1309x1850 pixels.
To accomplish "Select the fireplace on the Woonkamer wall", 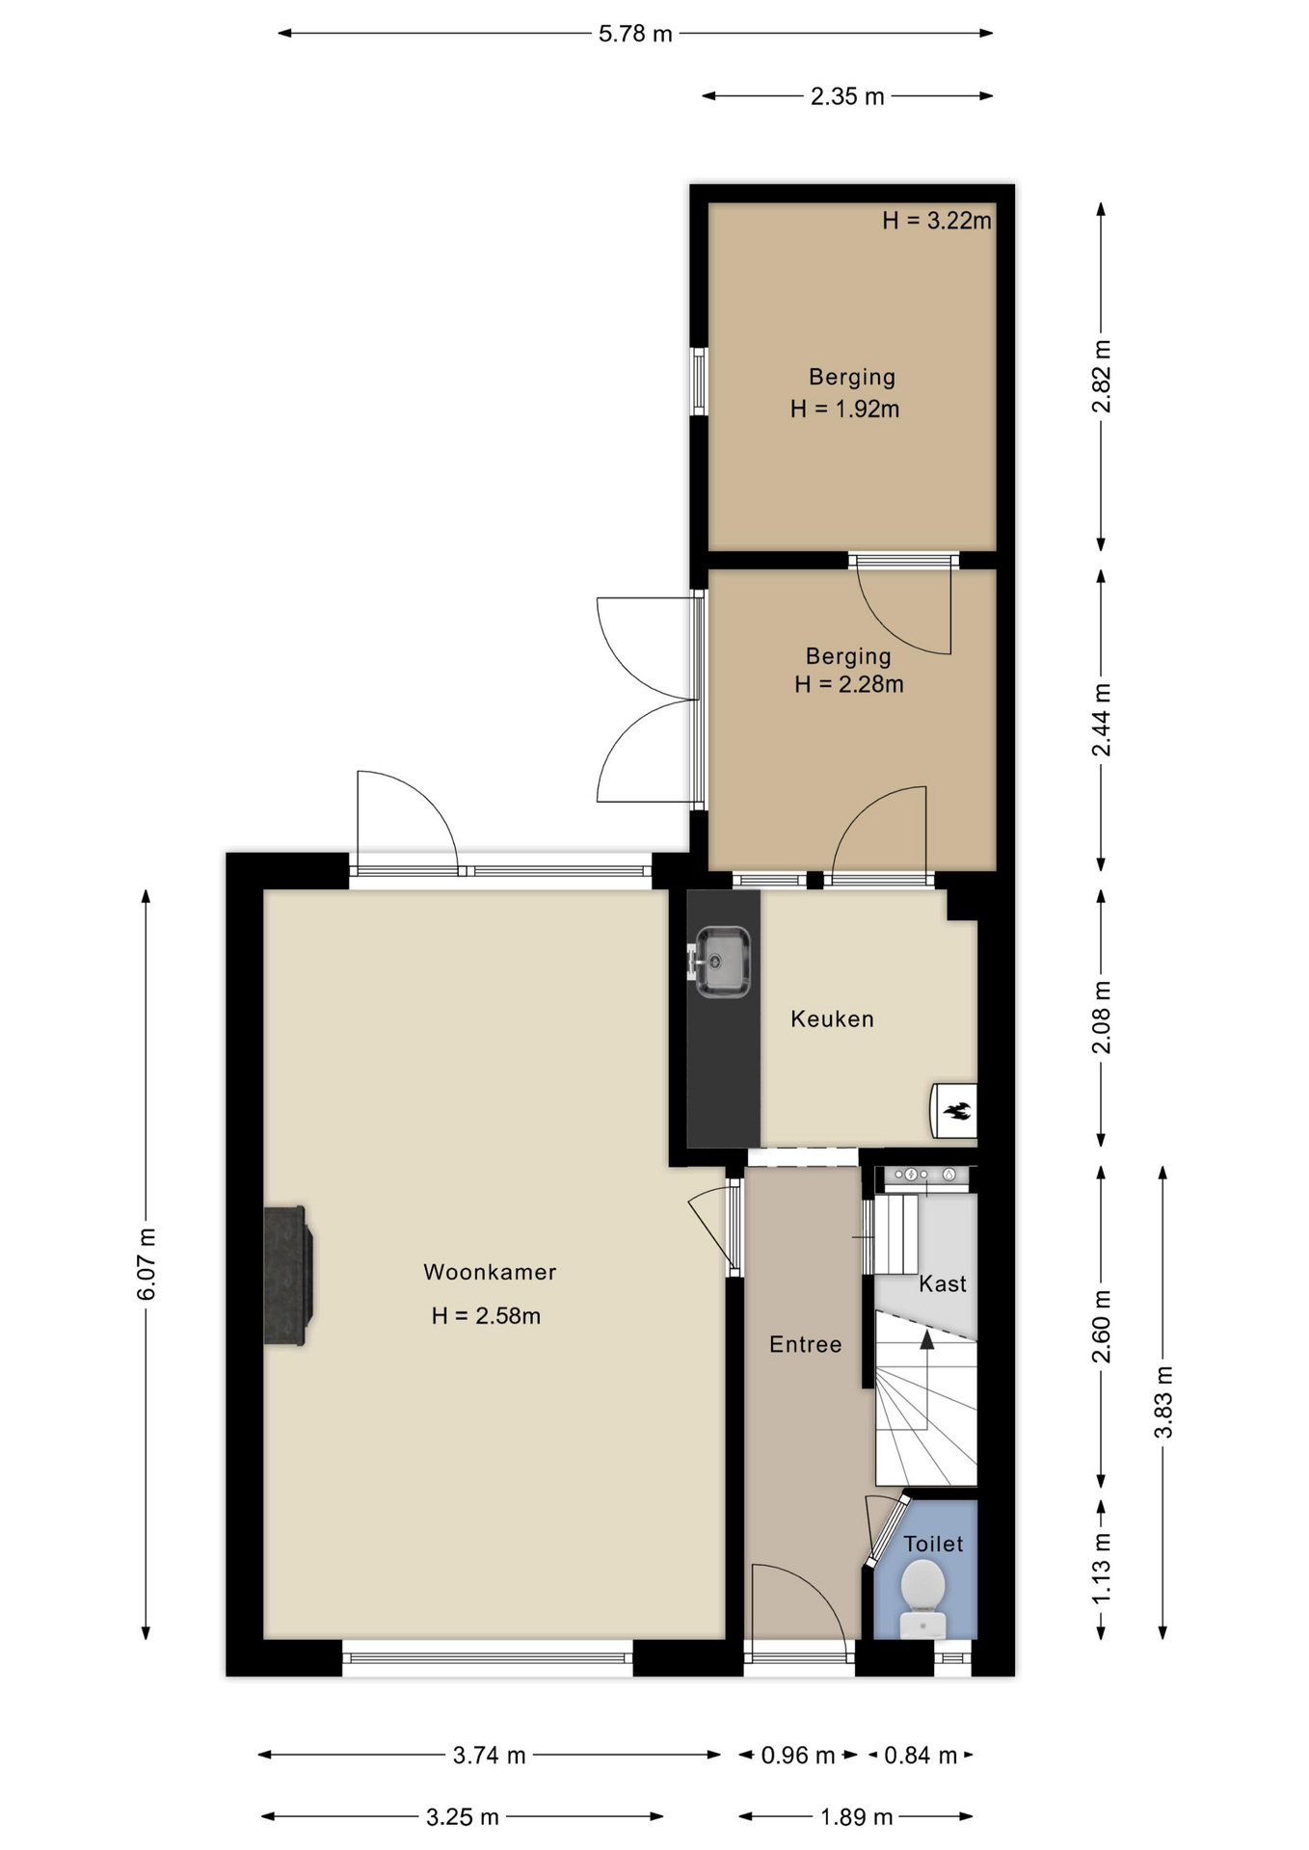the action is pyautogui.click(x=287, y=1275).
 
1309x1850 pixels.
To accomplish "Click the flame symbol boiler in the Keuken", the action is pyautogui.click(x=954, y=1110).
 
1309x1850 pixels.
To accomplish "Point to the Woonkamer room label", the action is pyautogui.click(x=490, y=1272).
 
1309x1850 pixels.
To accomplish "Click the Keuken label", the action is pyautogui.click(x=832, y=1018).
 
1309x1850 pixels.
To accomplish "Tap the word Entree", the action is pyautogui.click(x=805, y=1344).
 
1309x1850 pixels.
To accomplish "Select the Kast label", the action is pyautogui.click(x=942, y=1283).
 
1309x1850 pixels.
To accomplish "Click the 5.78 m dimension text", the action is pyautogui.click(x=635, y=34).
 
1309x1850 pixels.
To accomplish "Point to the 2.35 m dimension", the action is pyautogui.click(x=847, y=96).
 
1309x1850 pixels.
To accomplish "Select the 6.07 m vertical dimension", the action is pyautogui.click(x=147, y=1264).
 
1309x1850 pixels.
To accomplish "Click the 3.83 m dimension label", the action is pyautogui.click(x=1163, y=1402).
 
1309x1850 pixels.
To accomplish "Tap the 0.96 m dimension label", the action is pyautogui.click(x=798, y=1756).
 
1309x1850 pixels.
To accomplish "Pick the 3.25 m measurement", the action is pyautogui.click(x=463, y=1817).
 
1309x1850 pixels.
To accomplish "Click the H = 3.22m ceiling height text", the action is pyautogui.click(x=937, y=221).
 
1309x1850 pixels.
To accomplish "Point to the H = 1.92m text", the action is pyautogui.click(x=845, y=409).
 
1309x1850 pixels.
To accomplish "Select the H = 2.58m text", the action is pyautogui.click(x=486, y=1315).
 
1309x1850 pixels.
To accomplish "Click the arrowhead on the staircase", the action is pyautogui.click(x=926, y=1338).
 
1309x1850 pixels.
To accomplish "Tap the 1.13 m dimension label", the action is pyautogui.click(x=1102, y=1569).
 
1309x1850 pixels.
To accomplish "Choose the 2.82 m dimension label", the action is pyautogui.click(x=1102, y=377).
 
